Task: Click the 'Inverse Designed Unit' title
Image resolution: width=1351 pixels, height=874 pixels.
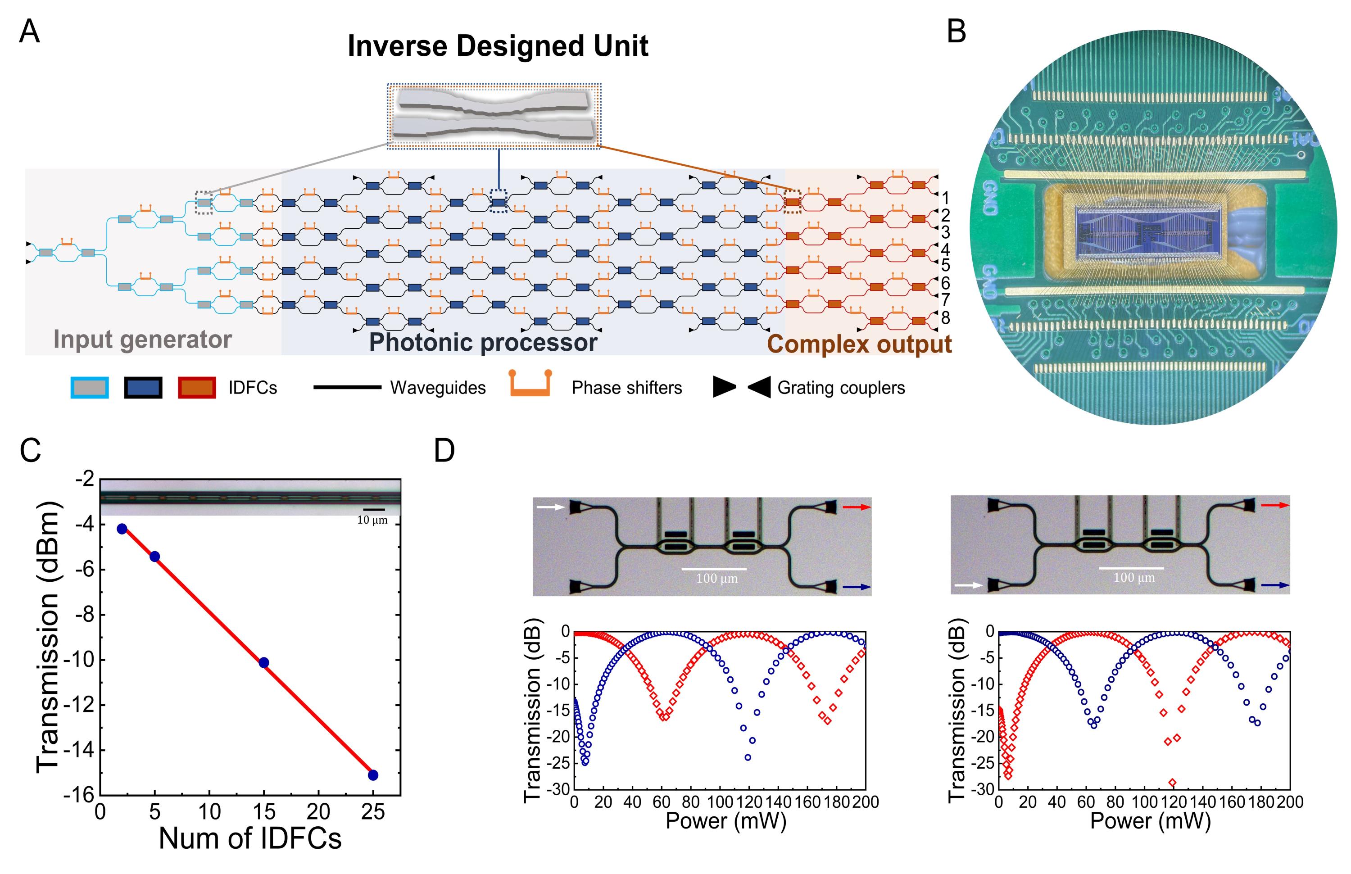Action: [x=497, y=46]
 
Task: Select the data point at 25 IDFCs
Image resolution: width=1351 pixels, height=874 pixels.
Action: [x=373, y=774]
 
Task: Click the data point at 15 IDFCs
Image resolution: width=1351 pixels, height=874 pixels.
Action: [x=263, y=662]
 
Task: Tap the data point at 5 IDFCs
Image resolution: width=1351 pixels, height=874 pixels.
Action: [x=154, y=556]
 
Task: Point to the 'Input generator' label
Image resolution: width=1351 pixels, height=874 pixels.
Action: [x=142, y=340]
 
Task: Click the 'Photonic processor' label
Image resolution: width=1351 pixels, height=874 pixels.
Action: [x=483, y=342]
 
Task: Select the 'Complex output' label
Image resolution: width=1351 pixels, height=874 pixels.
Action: [x=859, y=344]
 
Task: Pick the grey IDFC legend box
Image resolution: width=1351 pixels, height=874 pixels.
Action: [x=89, y=388]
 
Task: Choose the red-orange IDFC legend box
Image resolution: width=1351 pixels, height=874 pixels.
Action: [x=196, y=388]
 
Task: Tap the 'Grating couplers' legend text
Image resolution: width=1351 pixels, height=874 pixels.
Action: [x=841, y=388]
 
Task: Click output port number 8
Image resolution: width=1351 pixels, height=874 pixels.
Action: [x=945, y=318]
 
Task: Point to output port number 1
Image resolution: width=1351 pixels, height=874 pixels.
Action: [x=945, y=198]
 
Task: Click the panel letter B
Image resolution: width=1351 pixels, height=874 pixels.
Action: [x=957, y=32]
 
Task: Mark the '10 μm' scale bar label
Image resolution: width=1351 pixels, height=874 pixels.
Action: [x=372, y=520]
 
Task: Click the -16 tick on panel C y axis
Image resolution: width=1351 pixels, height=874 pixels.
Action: [x=79, y=795]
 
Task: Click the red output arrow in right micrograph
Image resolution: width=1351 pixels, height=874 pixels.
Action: [x=1275, y=504]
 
